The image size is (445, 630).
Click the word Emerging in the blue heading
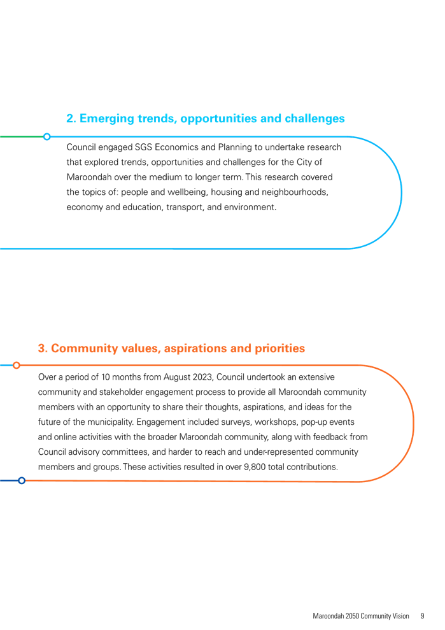(x=107, y=119)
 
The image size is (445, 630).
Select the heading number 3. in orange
(x=43, y=348)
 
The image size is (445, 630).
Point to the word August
(x=177, y=377)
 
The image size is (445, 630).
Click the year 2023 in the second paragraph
(x=203, y=377)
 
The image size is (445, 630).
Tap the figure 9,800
(x=255, y=468)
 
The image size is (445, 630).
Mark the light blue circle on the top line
(x=47, y=136)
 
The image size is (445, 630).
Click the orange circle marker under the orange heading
(x=17, y=365)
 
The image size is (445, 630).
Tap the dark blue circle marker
(x=22, y=480)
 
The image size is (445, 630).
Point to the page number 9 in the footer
(x=422, y=616)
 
